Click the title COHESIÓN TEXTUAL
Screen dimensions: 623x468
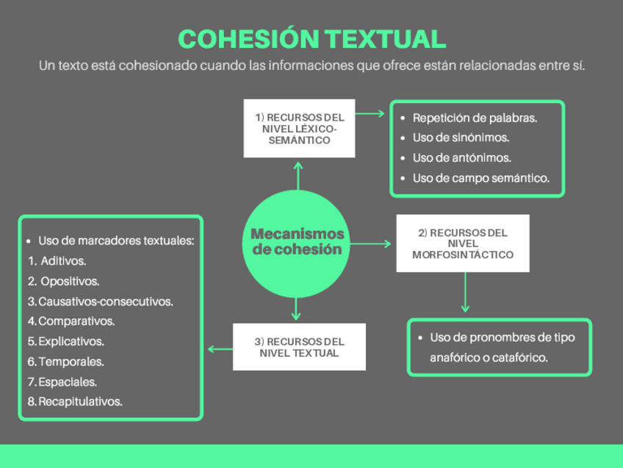pos(311,39)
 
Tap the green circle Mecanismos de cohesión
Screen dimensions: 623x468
pos(297,242)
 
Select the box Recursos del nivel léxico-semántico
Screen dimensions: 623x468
pos(299,128)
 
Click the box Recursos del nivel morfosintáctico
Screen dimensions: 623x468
pos(462,244)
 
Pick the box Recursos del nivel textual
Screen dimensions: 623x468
pos(299,347)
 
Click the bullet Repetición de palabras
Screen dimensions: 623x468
pos(474,118)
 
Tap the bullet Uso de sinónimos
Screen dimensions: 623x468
pos(461,138)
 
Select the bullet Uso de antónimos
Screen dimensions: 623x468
pos(461,157)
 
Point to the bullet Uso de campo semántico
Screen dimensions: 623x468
pos(480,178)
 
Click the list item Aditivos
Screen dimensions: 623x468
pos(63,260)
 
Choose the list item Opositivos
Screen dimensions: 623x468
pos(70,281)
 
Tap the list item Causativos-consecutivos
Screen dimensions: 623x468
pos(105,301)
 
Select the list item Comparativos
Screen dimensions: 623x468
pos(76,321)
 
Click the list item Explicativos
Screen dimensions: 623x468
pos(71,341)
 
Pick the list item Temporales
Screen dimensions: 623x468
pos(71,361)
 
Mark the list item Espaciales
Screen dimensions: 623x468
pos(67,382)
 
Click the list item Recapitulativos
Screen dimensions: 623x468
pos(80,402)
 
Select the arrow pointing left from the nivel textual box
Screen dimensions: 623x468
pos(218,348)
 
